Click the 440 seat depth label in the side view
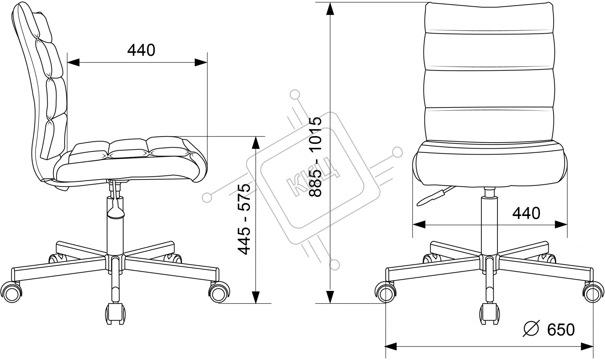pyautogui.click(x=141, y=50)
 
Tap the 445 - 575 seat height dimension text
pyautogui.click(x=244, y=219)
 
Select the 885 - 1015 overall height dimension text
pyautogui.click(x=315, y=157)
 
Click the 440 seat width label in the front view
pyautogui.click(x=526, y=213)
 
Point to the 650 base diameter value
pyautogui.click(x=561, y=330)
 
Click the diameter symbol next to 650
pyautogui.click(x=531, y=329)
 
